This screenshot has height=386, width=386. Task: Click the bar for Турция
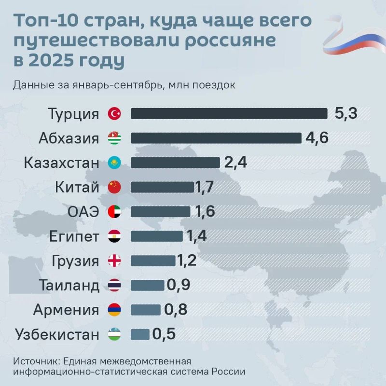click(229, 113)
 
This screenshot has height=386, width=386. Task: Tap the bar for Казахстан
click(175, 163)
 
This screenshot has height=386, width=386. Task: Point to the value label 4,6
click(317, 138)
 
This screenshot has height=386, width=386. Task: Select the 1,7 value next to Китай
click(204, 187)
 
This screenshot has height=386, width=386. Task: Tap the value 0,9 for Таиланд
click(178, 285)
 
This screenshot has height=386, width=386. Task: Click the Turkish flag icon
click(114, 114)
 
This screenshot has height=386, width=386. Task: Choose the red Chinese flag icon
click(114, 187)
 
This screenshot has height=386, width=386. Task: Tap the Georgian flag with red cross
click(114, 261)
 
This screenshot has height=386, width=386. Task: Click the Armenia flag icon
click(114, 310)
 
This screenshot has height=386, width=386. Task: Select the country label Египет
click(75, 236)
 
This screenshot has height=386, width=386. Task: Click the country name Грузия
click(75, 261)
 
